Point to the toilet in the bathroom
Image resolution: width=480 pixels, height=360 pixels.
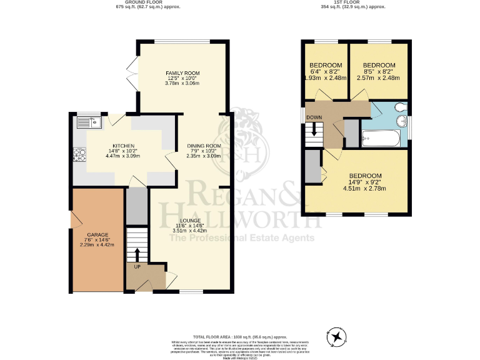pos(399,107)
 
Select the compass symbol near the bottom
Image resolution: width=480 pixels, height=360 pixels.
pos(338,337)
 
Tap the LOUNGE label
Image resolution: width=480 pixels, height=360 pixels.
pos(189,221)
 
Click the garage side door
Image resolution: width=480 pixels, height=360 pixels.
pos(74,219)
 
